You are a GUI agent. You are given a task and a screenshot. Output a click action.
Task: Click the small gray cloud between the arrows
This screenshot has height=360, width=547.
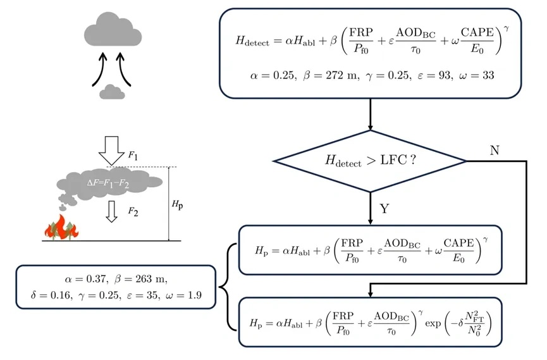pos(112,92)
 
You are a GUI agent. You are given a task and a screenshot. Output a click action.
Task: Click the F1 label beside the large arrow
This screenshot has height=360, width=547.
pos(132,154)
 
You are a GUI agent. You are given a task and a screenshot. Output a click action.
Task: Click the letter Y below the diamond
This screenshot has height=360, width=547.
pos(383,208)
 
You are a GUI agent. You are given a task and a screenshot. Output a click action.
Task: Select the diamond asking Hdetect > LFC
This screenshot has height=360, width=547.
pos(369,161)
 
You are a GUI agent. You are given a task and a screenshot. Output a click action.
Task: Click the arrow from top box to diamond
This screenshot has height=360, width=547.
pos(369,114)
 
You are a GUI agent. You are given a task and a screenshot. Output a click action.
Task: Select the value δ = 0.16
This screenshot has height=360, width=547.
pos(51,295)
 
